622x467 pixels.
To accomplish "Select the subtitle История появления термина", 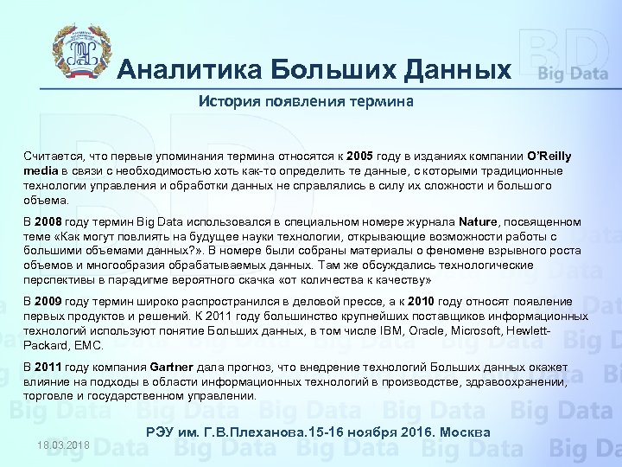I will point(306,101).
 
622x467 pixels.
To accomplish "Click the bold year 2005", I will point(360,157).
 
